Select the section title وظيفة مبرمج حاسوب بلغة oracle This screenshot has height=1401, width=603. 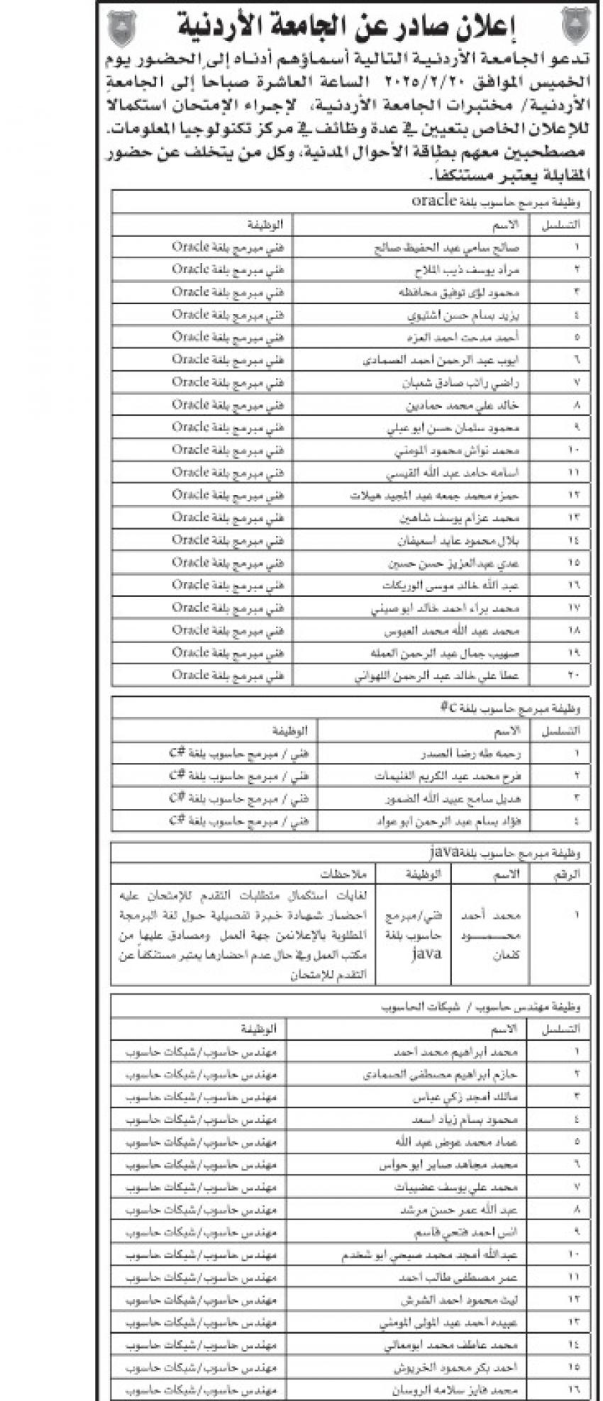(495, 201)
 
